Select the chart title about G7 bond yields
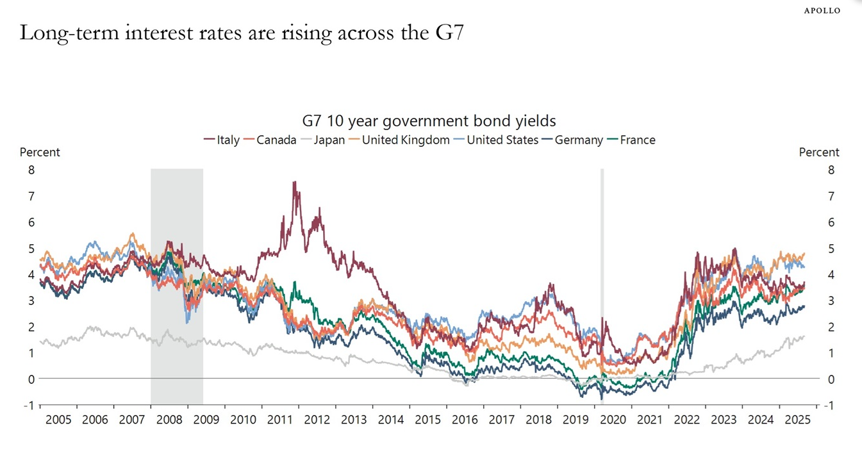click(429, 120)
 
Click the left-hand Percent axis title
click(40, 153)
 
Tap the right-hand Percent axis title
click(818, 153)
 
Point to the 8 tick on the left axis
click(31, 170)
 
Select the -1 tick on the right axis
click(829, 406)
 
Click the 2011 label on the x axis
click(279, 420)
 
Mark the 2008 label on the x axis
click(169, 420)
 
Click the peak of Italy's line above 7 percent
click(294, 183)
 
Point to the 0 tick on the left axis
click(31, 379)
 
